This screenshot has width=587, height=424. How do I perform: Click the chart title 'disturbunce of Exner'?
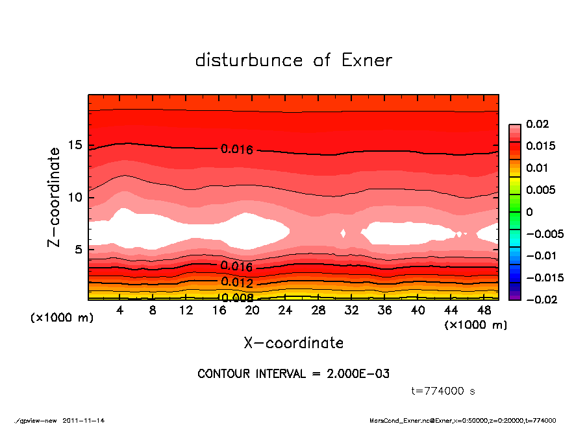[293, 60]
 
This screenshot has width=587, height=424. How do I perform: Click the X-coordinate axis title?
[293, 343]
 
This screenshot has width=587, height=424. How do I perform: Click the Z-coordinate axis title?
[54, 196]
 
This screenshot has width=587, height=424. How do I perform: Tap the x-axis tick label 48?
[484, 311]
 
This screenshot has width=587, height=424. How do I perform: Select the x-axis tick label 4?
[119, 311]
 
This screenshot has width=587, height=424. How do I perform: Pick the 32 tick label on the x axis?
[352, 311]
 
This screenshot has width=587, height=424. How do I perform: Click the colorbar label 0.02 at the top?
[538, 124]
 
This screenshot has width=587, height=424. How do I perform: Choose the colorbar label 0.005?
[540, 190]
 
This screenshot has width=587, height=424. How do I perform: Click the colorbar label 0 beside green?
[529, 212]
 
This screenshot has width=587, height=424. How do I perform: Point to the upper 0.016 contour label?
[236, 149]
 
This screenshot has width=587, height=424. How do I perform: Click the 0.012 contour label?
[236, 282]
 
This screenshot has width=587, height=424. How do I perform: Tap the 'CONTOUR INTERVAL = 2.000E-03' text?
[293, 374]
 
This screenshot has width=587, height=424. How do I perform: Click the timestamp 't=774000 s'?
[444, 391]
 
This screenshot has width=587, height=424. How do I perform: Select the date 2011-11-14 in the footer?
[84, 420]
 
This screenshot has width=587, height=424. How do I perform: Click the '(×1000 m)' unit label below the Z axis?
[59, 318]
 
